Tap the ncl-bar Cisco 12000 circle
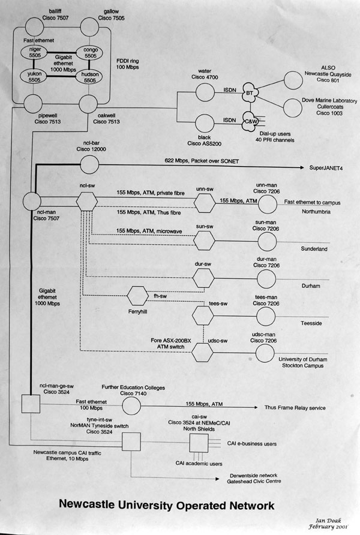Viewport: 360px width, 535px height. pyautogui.click(x=89, y=163)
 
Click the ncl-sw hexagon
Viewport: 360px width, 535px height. pyautogui.click(x=88, y=200)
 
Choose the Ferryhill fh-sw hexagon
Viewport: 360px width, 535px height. pyautogui.click(x=138, y=296)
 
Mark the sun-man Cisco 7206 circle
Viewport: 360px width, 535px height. pyautogui.click(x=268, y=241)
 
